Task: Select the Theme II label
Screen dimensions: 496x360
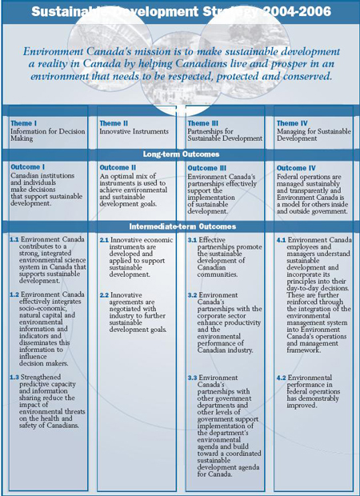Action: click(114, 123)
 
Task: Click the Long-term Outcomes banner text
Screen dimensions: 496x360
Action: click(181, 153)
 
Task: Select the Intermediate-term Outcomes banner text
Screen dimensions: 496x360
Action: click(181, 226)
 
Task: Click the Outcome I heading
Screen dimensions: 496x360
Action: click(28, 167)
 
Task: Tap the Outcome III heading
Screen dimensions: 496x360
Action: click(207, 167)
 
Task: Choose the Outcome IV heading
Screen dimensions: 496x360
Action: click(295, 167)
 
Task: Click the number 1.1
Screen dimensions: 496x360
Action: click(14, 240)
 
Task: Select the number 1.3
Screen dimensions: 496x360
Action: click(14, 377)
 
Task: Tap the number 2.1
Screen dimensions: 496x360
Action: click(104, 240)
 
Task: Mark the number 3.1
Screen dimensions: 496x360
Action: click(192, 240)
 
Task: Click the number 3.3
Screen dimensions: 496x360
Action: click(192, 377)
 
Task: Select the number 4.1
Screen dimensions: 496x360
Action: click(281, 240)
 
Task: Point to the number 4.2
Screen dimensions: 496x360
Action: click(281, 377)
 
